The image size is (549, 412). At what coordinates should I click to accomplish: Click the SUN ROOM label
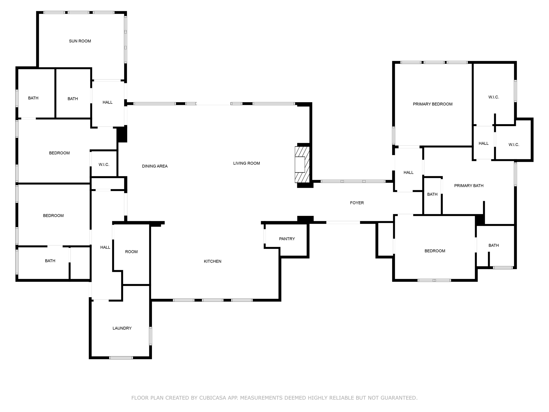pos(80,41)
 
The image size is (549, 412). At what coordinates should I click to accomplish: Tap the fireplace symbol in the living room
pos(302,164)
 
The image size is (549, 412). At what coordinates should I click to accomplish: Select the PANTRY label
pos(287,239)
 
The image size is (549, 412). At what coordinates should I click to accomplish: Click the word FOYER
pos(357,203)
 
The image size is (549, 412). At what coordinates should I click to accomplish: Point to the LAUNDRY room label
pos(122,328)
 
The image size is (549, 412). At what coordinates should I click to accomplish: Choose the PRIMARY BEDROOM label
pos(432,104)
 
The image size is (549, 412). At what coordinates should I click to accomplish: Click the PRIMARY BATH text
pos(469,186)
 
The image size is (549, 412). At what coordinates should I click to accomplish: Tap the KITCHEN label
pos(213,261)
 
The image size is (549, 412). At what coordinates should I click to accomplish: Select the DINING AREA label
pos(155,166)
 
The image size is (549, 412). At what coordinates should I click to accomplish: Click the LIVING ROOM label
pos(246,163)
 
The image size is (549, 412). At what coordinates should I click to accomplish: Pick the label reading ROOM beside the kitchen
pos(131,252)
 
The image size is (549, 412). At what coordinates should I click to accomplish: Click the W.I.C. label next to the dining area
pos(104,164)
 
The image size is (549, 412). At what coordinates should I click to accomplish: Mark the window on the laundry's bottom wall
pos(121,358)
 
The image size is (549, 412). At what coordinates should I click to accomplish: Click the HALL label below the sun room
pos(107,102)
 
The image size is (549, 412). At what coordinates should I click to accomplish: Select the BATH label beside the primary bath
pos(432,194)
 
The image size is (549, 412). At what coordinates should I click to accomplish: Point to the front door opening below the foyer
pos(343,222)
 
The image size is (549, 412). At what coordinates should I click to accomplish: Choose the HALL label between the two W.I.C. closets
pos(484,143)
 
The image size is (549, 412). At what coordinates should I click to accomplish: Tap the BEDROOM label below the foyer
pos(435,251)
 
